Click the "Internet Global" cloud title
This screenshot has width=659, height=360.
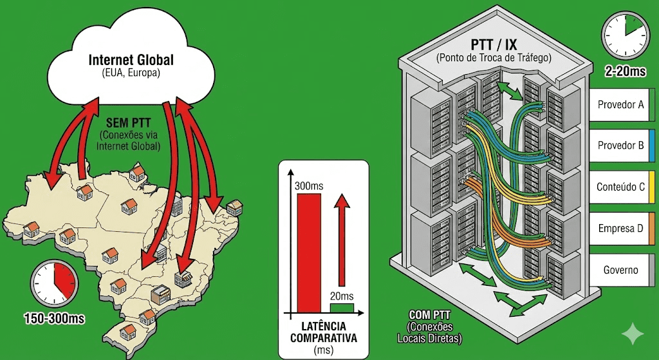(x=131, y=61)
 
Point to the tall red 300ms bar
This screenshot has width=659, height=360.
(x=309, y=252)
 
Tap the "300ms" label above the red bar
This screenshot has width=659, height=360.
(x=309, y=185)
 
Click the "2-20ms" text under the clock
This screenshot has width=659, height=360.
(x=623, y=71)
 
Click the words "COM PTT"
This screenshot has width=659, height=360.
(x=429, y=314)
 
